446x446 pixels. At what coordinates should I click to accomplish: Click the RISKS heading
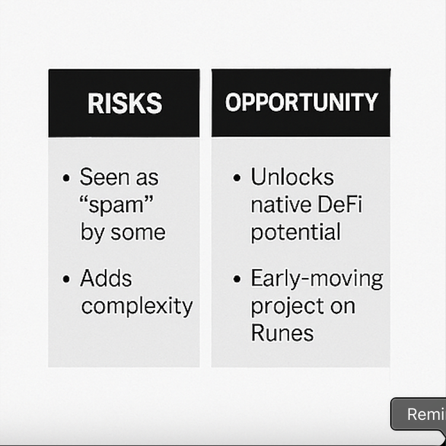tap(125, 103)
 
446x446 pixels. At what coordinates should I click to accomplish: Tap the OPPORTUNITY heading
tap(301, 103)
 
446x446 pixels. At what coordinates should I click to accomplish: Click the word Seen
tap(103, 177)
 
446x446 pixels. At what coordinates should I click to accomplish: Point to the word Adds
tap(106, 279)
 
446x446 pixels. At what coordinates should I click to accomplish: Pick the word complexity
tap(137, 307)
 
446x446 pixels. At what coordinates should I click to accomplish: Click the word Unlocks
tap(292, 177)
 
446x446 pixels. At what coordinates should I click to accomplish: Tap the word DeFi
tap(340, 205)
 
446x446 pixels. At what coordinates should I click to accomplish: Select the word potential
tap(296, 232)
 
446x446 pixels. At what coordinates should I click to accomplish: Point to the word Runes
tap(282, 333)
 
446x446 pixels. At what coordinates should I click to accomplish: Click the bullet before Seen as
tap(66, 178)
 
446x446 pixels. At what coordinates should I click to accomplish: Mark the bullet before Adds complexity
tap(66, 279)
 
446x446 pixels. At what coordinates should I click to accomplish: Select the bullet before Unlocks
tap(238, 178)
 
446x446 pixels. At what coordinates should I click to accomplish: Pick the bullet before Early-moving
tap(238, 279)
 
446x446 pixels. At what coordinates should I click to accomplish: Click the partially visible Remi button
tap(422, 414)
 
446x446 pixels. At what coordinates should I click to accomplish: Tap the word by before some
tap(92, 232)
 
